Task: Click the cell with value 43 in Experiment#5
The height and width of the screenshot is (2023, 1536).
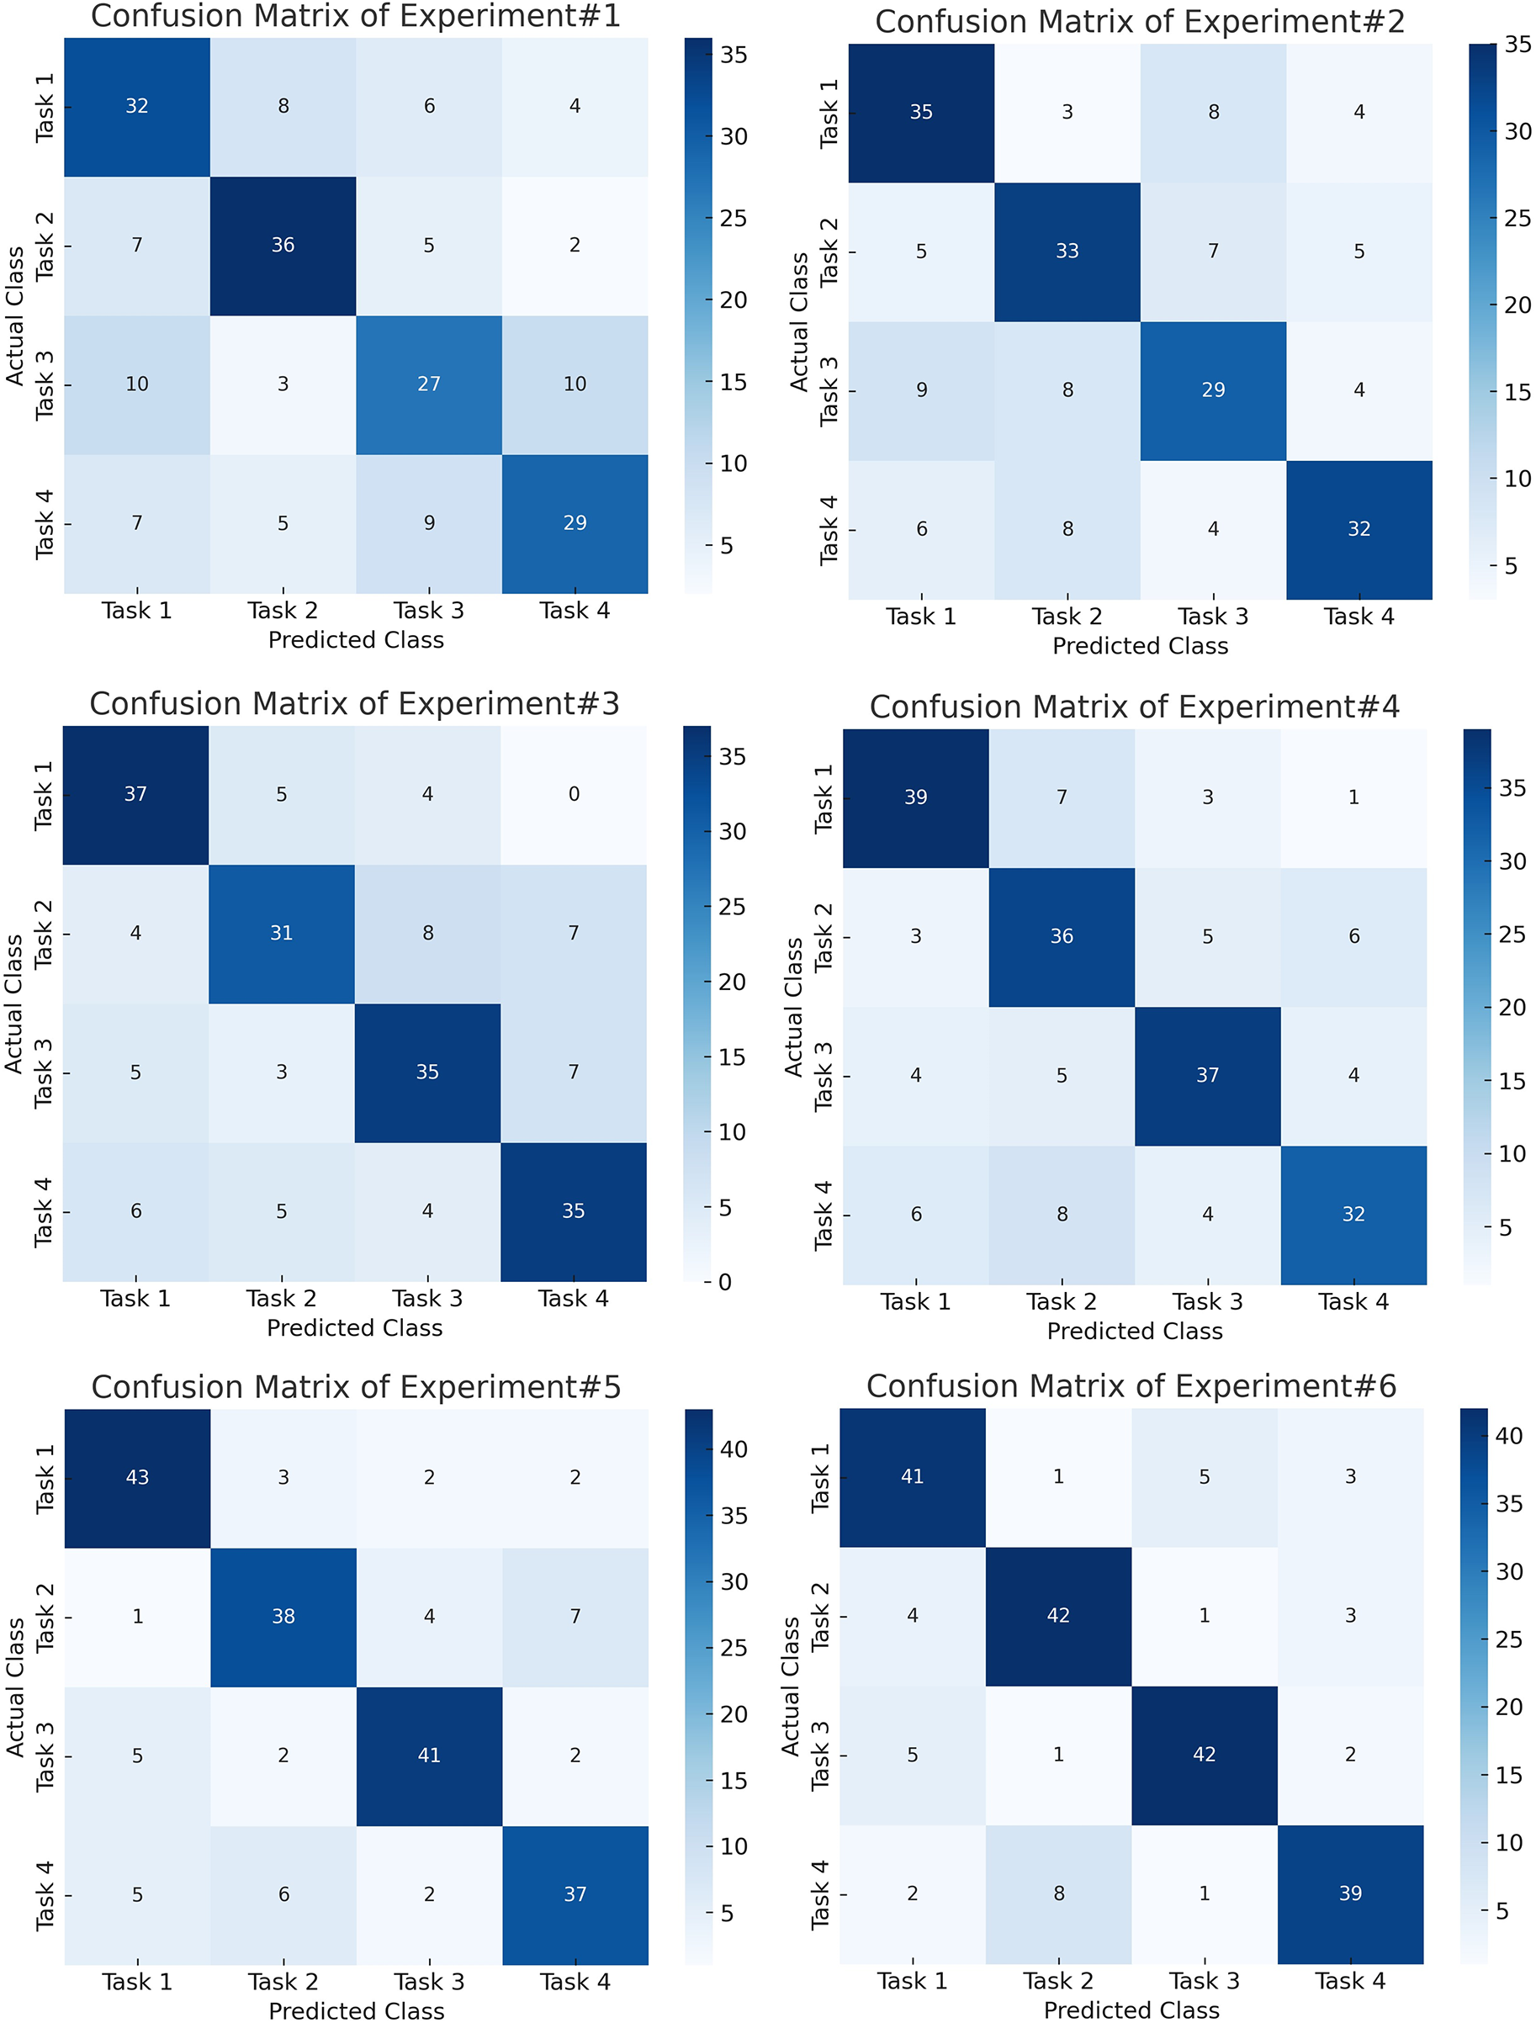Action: coord(137,1477)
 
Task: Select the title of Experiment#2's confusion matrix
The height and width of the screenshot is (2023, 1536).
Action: coord(1139,22)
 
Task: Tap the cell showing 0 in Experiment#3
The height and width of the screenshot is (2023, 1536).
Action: coord(574,794)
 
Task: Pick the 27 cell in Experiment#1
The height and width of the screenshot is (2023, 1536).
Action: coord(429,384)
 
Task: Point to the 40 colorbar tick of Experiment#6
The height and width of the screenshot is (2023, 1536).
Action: coord(1508,1435)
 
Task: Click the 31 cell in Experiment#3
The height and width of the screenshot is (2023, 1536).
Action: coord(282,933)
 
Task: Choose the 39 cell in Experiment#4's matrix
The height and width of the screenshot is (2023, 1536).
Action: coord(916,797)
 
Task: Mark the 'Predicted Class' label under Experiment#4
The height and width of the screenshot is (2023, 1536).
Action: coord(1135,1331)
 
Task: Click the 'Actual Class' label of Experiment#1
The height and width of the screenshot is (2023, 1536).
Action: coord(15,315)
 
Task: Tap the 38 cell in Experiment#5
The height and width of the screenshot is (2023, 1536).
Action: coord(283,1616)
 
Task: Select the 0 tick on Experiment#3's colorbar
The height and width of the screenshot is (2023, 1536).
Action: coord(724,1282)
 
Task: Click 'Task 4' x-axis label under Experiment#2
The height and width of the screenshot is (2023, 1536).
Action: coord(1359,617)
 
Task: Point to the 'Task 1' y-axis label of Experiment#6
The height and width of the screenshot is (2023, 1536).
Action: coord(821,1477)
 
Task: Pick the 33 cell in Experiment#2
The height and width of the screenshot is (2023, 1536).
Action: coord(1067,251)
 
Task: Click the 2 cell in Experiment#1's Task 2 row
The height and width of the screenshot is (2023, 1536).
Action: coord(575,245)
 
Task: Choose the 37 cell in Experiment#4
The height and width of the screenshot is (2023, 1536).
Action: coord(1208,1076)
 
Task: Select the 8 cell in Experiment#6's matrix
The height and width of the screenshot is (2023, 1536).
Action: coord(1058,1893)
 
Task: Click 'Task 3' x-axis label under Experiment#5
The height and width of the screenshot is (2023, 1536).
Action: coord(429,1982)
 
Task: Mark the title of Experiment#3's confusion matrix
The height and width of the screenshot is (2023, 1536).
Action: coord(354,704)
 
